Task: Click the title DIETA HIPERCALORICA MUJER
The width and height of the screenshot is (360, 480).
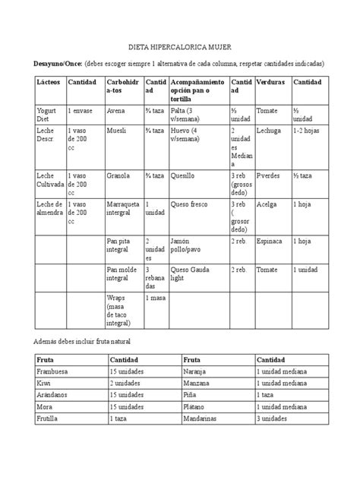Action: coord(179,46)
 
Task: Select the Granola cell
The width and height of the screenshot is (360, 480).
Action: coord(118,176)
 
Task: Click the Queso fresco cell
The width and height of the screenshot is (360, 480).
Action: coord(190,204)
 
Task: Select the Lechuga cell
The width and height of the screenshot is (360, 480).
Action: coord(270,130)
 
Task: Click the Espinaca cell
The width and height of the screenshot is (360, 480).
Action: coord(272,242)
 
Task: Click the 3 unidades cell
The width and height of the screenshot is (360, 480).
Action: coord(275,418)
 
